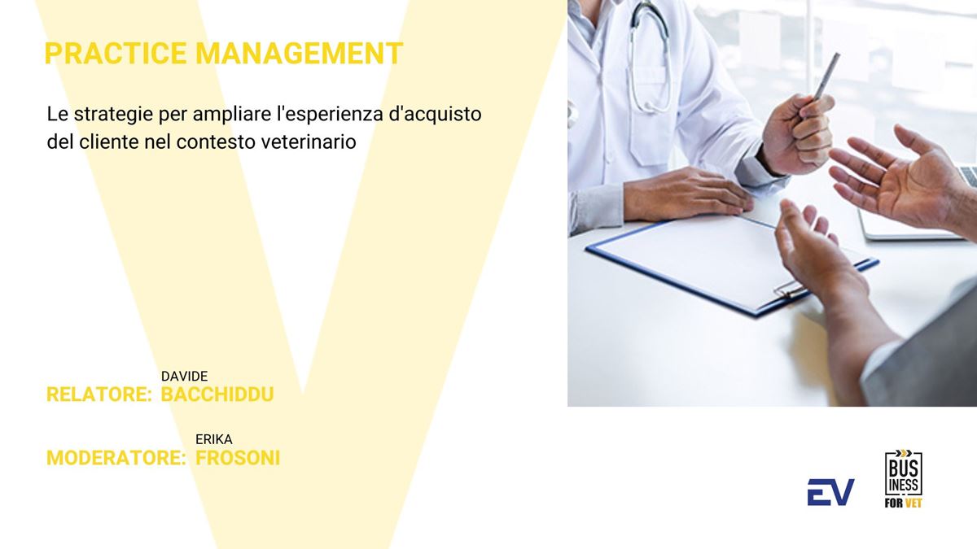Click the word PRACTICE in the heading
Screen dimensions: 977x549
116,54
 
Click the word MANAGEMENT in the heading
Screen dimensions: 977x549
300,54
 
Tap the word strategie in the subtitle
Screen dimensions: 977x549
113,115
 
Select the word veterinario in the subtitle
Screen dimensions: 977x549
309,142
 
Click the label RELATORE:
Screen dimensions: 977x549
99,394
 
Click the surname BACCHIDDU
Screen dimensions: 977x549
217,394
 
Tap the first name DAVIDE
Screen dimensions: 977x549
185,376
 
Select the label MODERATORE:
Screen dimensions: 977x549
116,458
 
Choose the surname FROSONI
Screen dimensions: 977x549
238,458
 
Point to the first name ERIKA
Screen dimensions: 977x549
213,440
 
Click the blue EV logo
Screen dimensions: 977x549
830,492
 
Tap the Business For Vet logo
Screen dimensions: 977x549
903,479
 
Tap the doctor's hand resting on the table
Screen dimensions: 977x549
688,194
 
